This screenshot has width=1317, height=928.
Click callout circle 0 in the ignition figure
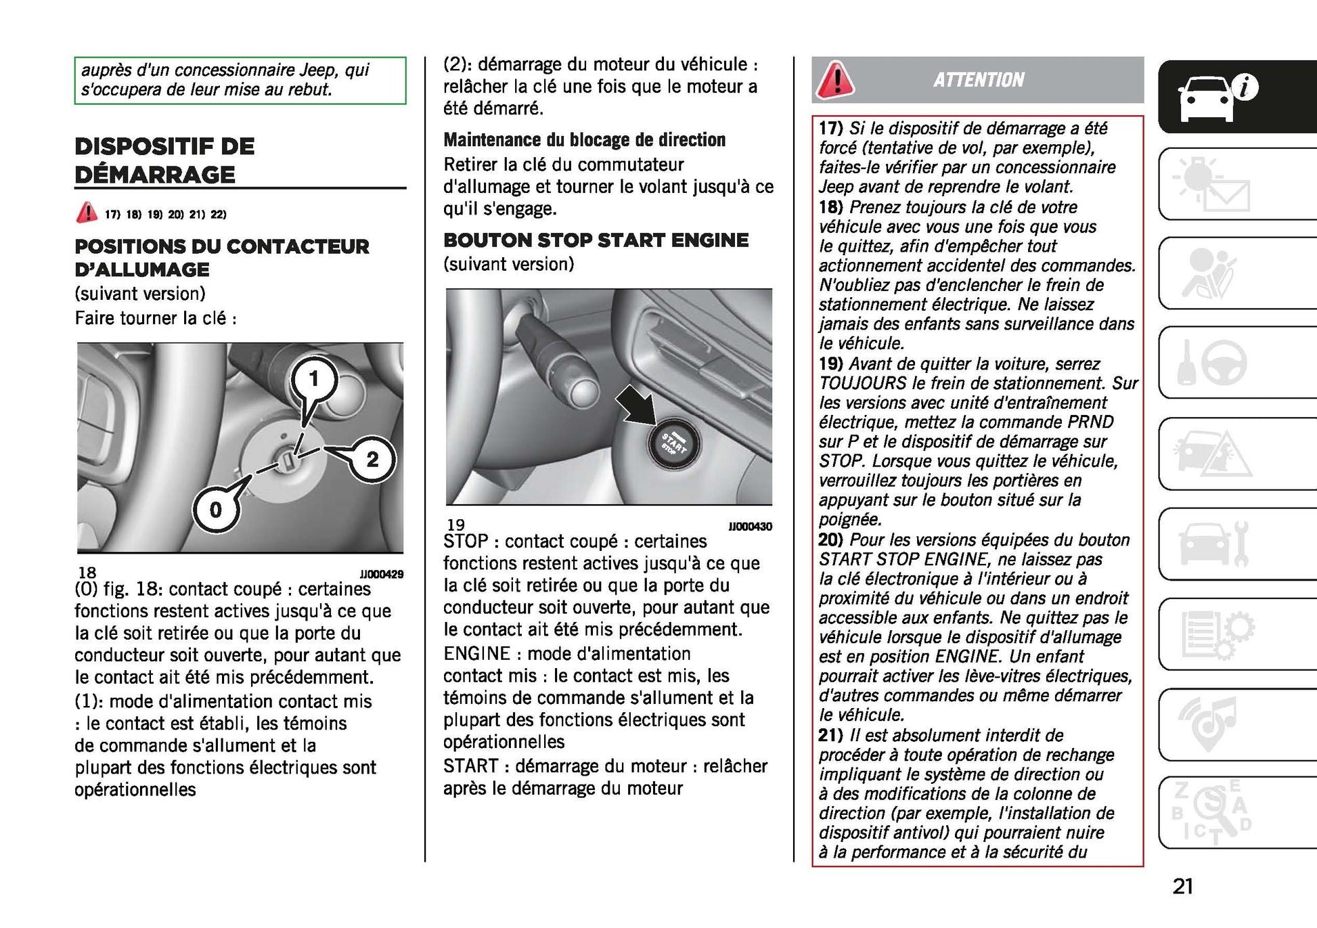[x=216, y=509]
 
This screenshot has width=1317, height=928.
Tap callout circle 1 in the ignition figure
[x=313, y=378]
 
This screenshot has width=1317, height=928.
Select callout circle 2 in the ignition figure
[x=372, y=460]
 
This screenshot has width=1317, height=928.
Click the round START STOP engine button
[x=672, y=443]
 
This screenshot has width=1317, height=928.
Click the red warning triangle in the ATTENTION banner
[x=836, y=80]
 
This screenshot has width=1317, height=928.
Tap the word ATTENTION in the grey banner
[x=979, y=80]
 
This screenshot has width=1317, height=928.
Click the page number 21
[x=1183, y=886]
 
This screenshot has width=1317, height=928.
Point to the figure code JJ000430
[x=750, y=527]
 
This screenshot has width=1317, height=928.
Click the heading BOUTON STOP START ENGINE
[x=596, y=240]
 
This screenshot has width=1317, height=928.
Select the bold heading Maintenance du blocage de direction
[x=584, y=140]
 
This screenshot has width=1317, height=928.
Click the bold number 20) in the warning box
[x=830, y=539]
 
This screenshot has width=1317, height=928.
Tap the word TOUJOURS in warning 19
[x=862, y=383]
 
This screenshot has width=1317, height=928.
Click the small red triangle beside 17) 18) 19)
[x=87, y=213]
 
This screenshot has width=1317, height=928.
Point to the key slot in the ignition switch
[x=287, y=462]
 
